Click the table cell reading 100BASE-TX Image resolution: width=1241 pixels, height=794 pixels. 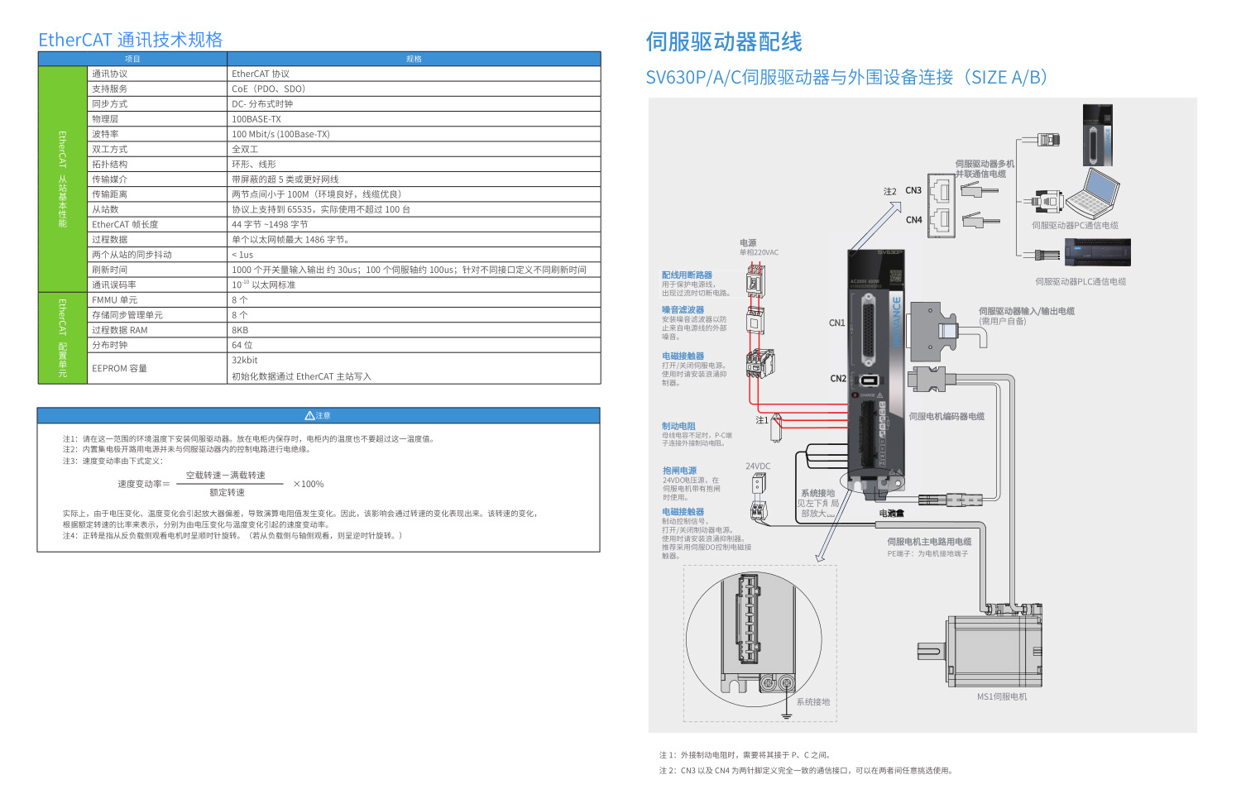[x=256, y=119]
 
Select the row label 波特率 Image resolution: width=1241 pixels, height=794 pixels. [x=105, y=134]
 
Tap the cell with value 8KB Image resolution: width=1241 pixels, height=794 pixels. [x=240, y=330]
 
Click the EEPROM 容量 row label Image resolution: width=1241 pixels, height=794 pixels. [x=119, y=369]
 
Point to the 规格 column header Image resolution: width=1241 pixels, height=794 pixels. [x=414, y=59]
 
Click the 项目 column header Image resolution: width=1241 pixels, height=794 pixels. [x=132, y=59]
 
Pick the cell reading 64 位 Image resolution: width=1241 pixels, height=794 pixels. [x=242, y=345]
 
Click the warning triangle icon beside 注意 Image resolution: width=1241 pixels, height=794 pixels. [x=309, y=415]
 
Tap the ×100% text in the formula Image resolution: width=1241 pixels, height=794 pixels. [x=308, y=484]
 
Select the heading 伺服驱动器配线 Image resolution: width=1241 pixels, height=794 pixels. [x=724, y=42]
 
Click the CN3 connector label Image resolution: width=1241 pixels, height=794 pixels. [x=913, y=190]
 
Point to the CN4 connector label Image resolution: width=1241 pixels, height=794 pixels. [x=913, y=220]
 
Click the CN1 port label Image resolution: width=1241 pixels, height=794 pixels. [x=837, y=323]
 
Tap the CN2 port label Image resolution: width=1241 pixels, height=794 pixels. [x=838, y=379]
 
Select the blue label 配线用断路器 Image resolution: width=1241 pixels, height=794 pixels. [x=687, y=275]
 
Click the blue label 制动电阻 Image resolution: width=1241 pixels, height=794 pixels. [x=678, y=426]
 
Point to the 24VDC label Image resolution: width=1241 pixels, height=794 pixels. [x=758, y=466]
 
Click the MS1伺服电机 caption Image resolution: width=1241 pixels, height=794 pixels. [x=1002, y=696]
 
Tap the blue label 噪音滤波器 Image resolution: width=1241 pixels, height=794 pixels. [x=683, y=310]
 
